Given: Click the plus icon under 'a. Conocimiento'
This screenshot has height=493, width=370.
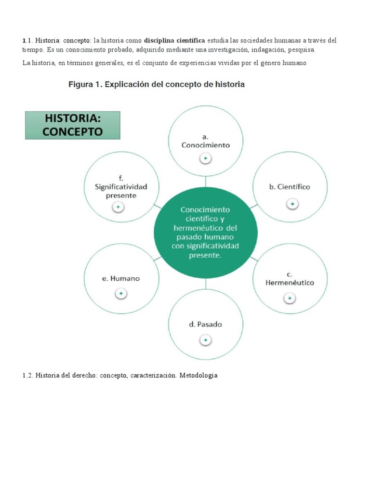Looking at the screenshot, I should [205, 158].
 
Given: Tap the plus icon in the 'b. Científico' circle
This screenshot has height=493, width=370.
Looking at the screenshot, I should [292, 204].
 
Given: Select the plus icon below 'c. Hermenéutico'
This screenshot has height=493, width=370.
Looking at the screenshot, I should [290, 298].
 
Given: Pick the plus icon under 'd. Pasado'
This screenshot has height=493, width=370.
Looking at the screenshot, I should [205, 340].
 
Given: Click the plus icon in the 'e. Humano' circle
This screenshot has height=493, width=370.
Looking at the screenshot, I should [121, 293].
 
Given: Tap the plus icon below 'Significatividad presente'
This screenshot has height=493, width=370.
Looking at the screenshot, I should [118, 207].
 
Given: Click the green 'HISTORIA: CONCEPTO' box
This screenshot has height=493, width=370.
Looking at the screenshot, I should [73, 125].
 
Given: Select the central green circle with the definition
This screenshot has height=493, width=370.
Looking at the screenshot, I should [205, 233].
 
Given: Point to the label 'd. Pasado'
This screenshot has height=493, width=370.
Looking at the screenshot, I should [205, 324].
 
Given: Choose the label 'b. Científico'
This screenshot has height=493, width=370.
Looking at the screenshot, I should [290, 187].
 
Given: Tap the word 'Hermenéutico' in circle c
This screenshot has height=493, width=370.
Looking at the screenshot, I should [290, 283].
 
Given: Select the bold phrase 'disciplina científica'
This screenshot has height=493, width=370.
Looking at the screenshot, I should [174, 40].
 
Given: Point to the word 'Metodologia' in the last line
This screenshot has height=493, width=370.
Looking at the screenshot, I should [198, 375].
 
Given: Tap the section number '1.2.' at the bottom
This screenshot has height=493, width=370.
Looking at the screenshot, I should [27, 375].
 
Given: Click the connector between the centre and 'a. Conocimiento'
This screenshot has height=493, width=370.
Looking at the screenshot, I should [205, 182].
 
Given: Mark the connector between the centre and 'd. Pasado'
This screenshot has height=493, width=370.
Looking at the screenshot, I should [205, 284].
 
